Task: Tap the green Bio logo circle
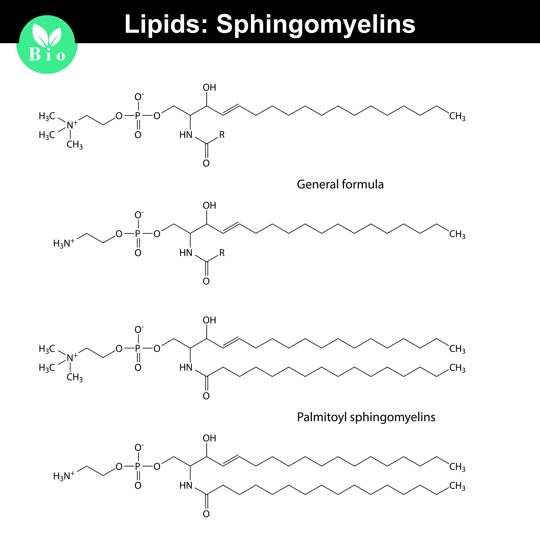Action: (47, 45)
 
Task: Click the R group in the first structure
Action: (222, 135)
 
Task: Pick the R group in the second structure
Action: (222, 253)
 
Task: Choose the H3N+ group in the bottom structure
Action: (64, 476)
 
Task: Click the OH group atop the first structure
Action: (209, 87)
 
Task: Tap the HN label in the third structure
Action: (186, 368)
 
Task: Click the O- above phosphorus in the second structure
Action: (139, 215)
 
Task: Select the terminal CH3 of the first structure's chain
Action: (457, 116)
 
